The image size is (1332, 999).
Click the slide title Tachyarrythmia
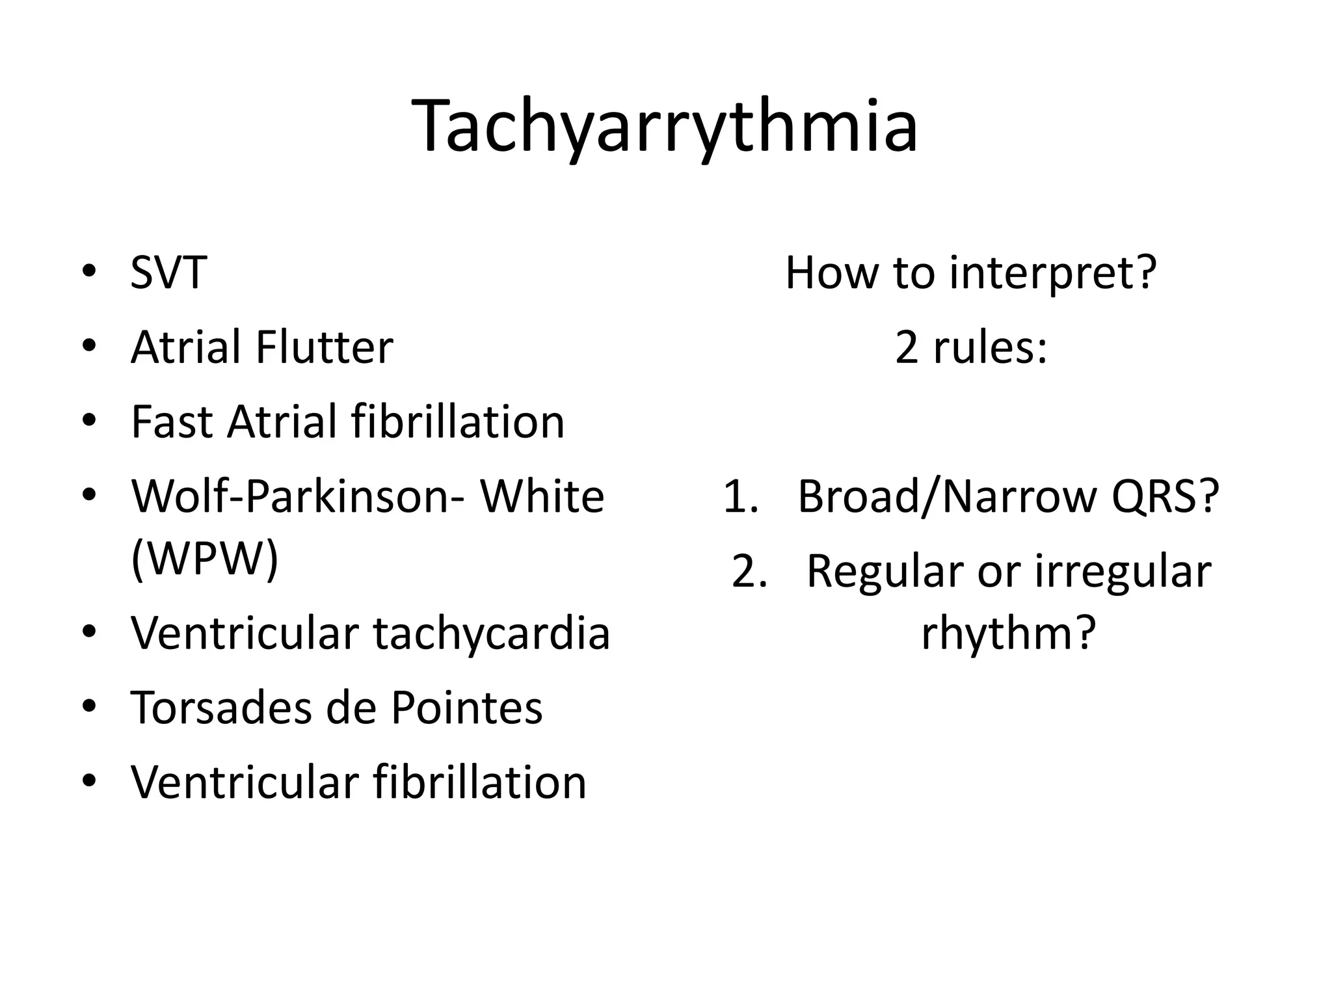click(x=665, y=127)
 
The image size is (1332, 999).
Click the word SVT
click(x=168, y=273)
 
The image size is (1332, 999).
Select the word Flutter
click(x=324, y=347)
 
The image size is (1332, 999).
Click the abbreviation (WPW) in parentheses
click(x=204, y=558)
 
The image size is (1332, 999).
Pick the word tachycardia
click(x=491, y=633)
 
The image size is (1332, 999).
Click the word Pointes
click(x=466, y=708)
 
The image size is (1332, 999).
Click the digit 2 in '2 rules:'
click(x=906, y=347)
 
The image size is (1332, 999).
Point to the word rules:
click(x=990, y=347)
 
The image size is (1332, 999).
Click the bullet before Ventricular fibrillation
click(x=90, y=781)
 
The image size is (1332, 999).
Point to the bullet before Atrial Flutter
click(x=90, y=347)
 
